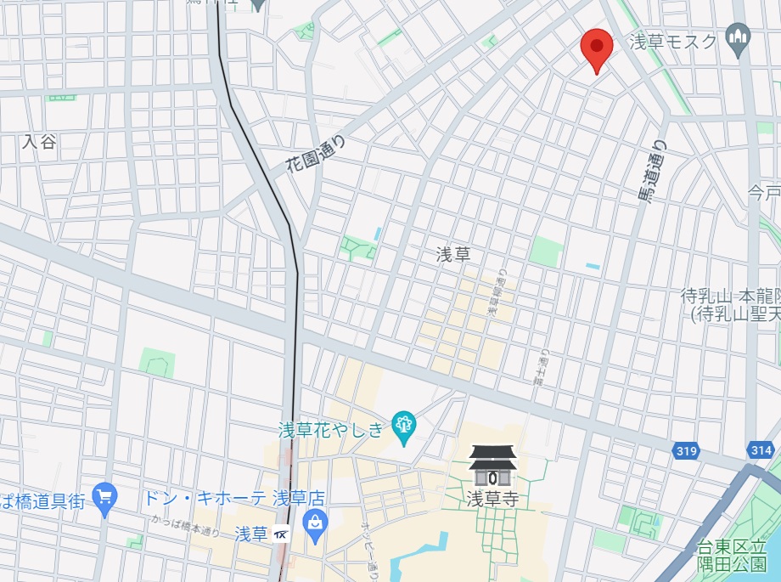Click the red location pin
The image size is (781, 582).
tap(597, 47)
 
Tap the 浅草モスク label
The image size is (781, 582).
tap(673, 41)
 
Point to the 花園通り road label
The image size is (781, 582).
tap(316, 152)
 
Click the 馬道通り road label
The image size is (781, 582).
tap(653, 172)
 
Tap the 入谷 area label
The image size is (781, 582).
tap(39, 142)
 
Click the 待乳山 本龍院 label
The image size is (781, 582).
tap(731, 305)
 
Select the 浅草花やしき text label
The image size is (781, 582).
tap(331, 430)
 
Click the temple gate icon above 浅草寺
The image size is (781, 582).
tap(492, 466)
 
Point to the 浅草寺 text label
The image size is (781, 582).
tap(492, 499)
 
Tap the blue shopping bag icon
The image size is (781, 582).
tap(315, 523)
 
